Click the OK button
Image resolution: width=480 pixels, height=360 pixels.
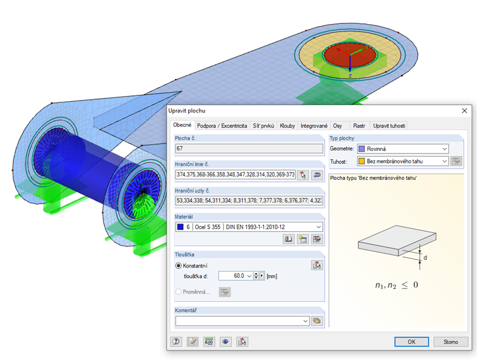click(x=411, y=342)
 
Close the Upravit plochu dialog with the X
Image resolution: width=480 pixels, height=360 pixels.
click(x=464, y=111)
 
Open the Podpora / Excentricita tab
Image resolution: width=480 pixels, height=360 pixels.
click(x=222, y=126)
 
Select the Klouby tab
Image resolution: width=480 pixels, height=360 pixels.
click(x=287, y=126)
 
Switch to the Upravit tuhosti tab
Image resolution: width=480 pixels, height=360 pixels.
click(x=389, y=126)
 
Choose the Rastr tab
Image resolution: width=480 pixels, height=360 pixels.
click(x=359, y=126)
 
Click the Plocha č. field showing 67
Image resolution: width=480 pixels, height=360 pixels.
click(x=249, y=148)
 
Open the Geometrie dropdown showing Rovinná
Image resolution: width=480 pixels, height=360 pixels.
click(x=403, y=149)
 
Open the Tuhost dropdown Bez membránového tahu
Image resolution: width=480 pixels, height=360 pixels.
click(x=403, y=161)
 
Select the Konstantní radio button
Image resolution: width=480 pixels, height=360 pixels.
click(x=179, y=266)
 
